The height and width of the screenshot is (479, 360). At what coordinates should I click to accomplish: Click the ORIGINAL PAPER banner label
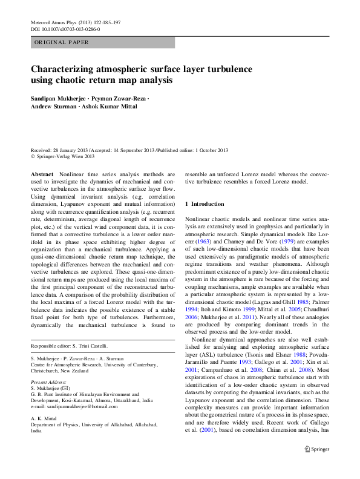pos(62,42)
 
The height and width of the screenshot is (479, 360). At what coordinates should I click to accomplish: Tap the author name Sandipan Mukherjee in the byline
pos(59,97)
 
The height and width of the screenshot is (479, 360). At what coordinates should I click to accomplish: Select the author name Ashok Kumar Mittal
pos(115,107)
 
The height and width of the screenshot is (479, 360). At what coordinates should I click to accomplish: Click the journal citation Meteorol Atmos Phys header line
pos(75,22)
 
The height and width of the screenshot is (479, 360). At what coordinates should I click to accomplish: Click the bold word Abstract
pos(42,173)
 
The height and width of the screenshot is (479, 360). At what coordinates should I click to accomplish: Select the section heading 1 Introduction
pos(205,204)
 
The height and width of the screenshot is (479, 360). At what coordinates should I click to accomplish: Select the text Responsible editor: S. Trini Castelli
pos(70,346)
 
